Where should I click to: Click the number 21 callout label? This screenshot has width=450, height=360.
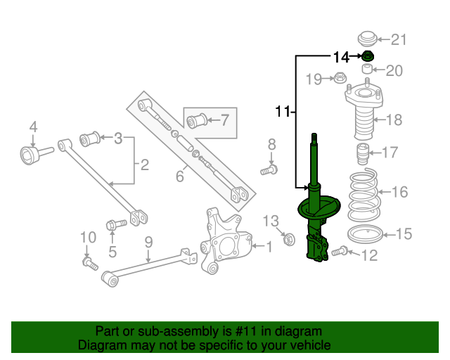399,39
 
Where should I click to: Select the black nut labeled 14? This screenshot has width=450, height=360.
368,56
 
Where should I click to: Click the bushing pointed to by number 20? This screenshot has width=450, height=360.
367,70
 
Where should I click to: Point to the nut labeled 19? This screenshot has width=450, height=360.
340,77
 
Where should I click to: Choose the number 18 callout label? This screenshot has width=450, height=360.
394,120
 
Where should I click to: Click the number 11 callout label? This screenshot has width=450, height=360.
282,110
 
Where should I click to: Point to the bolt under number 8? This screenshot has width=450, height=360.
270,169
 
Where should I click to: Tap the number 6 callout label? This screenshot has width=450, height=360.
180,176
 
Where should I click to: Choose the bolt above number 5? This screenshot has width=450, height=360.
115,225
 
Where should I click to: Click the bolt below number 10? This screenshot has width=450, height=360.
88,263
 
